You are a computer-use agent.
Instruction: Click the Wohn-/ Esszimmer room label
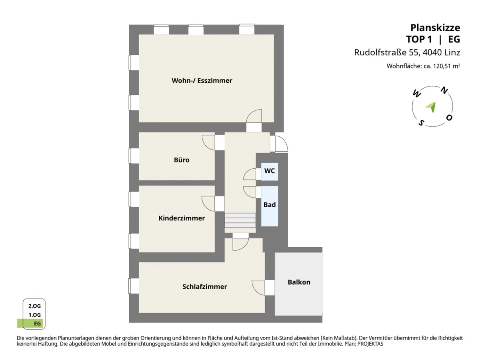point(202,81)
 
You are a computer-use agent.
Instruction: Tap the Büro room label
point(182,160)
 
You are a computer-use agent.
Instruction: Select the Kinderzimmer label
point(182,218)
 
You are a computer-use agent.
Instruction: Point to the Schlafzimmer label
point(205,286)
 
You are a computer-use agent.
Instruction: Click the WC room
point(270,171)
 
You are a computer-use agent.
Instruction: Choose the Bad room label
point(270,205)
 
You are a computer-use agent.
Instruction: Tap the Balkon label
point(299,282)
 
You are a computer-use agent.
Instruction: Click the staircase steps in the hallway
point(240,220)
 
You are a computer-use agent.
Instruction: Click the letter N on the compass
point(444,90)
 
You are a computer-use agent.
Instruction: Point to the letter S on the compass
point(421,123)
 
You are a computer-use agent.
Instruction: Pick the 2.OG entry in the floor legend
point(34,306)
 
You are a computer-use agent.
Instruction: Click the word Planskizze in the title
point(435,28)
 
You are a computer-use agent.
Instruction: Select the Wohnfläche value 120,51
point(442,66)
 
